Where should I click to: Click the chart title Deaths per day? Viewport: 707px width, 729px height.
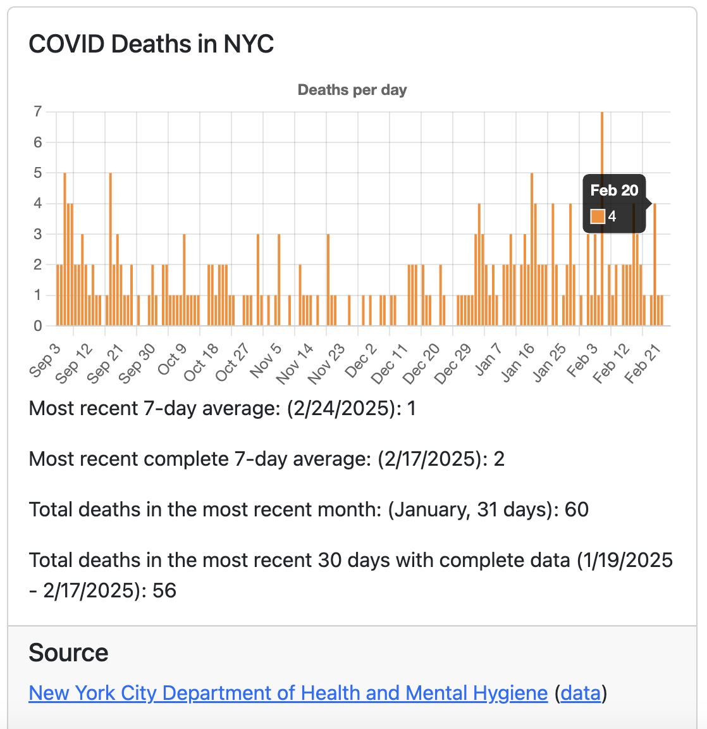(x=352, y=90)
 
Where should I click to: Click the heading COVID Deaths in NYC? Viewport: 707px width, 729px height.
(x=151, y=44)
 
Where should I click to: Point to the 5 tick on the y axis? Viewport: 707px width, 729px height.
(x=38, y=173)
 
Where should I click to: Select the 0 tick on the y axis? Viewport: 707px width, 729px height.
(x=38, y=326)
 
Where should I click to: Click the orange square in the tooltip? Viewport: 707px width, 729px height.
(x=598, y=216)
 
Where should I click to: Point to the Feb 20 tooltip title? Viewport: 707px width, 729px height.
(x=614, y=190)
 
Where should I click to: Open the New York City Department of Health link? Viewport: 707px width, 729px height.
(x=288, y=693)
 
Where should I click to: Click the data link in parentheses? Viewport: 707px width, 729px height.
(x=581, y=693)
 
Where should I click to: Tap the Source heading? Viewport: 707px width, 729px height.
(x=68, y=652)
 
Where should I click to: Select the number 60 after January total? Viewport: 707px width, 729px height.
(x=576, y=510)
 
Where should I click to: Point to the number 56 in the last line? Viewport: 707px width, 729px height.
(x=164, y=591)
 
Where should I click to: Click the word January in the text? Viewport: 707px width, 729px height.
(x=429, y=510)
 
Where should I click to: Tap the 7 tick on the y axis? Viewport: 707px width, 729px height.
(x=38, y=112)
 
